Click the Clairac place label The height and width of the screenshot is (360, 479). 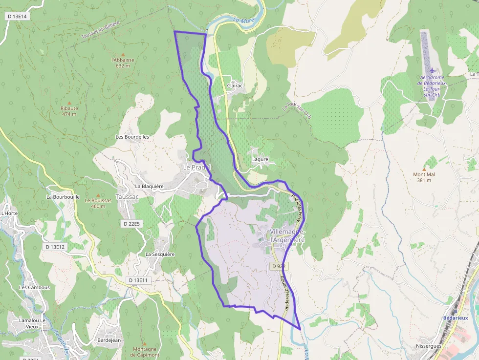235,86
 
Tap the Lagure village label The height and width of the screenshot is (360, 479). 260,159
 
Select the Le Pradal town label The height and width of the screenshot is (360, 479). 196,168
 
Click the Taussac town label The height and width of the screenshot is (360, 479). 127,196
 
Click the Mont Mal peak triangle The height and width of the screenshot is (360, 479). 424,169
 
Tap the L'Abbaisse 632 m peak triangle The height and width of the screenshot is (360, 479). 123,55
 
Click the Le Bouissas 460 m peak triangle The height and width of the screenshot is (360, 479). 98,195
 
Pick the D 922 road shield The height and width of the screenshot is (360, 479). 278,266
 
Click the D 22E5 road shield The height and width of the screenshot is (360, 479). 131,224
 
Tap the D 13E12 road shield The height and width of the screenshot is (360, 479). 55,247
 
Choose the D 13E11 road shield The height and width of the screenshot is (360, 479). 138,280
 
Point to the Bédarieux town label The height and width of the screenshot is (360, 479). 456,318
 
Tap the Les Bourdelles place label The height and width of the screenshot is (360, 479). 132,137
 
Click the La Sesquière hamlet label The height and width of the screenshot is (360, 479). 160,254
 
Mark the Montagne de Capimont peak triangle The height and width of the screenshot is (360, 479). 144,343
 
